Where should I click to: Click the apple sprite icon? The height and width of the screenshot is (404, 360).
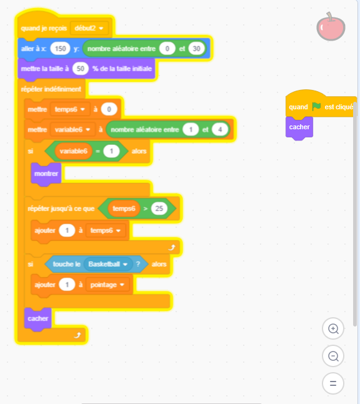331,27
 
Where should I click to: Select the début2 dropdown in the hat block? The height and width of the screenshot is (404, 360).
89,28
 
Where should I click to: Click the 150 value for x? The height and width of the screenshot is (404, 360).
60,49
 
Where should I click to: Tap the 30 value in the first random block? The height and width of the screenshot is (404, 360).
196,49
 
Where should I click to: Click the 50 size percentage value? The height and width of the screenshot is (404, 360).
81,69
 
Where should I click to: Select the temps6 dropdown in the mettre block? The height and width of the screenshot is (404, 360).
70,109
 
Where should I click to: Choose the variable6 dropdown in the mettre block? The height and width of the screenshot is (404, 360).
72,129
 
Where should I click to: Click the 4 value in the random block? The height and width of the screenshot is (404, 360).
220,129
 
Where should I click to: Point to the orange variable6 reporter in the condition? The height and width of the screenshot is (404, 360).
74,151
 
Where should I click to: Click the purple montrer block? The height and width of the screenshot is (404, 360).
46,174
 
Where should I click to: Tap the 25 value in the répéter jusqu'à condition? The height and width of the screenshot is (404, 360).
159,208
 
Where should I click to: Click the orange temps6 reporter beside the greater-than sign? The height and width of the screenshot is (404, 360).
124,208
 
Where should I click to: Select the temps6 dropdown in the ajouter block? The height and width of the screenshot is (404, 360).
106,230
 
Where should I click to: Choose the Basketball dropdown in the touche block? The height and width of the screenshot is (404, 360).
108,264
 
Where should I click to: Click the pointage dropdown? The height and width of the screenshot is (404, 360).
107,285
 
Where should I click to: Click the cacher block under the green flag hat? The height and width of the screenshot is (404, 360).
299,127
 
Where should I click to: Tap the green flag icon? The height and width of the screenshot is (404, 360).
316,106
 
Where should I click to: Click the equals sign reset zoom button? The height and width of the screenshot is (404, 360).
333,383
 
